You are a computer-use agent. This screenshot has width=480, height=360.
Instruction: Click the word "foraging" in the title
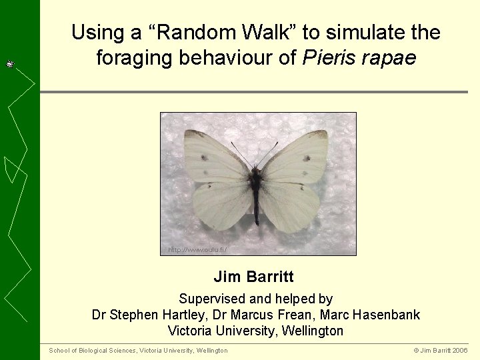tap(133, 58)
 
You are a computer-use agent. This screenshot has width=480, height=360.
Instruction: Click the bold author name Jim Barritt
tap(253, 277)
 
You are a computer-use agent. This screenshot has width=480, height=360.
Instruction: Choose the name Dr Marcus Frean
tap(273, 315)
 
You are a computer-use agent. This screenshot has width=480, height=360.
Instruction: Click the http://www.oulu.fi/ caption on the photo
tap(197, 250)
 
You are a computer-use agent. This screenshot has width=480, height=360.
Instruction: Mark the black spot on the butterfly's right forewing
tap(307, 158)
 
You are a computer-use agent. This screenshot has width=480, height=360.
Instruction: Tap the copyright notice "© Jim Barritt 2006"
tap(441, 351)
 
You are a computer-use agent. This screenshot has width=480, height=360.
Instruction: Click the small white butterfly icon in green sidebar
tap(11, 64)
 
